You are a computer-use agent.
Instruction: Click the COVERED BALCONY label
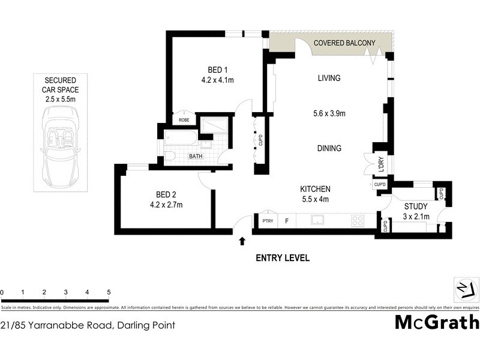pyautogui.click(x=344, y=43)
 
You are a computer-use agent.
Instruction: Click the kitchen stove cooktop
pyautogui.click(x=358, y=220)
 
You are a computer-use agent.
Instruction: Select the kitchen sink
pyautogui.click(x=317, y=221)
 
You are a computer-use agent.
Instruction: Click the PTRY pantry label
pyautogui.click(x=268, y=221)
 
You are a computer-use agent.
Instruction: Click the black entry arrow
pyautogui.click(x=242, y=241)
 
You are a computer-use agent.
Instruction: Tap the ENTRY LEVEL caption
pyautogui.click(x=283, y=259)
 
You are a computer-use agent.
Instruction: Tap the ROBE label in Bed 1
pyautogui.click(x=184, y=119)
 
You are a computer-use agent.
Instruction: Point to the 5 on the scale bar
pyautogui.click(x=109, y=292)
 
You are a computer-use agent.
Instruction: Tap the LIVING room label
pyautogui.click(x=329, y=78)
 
